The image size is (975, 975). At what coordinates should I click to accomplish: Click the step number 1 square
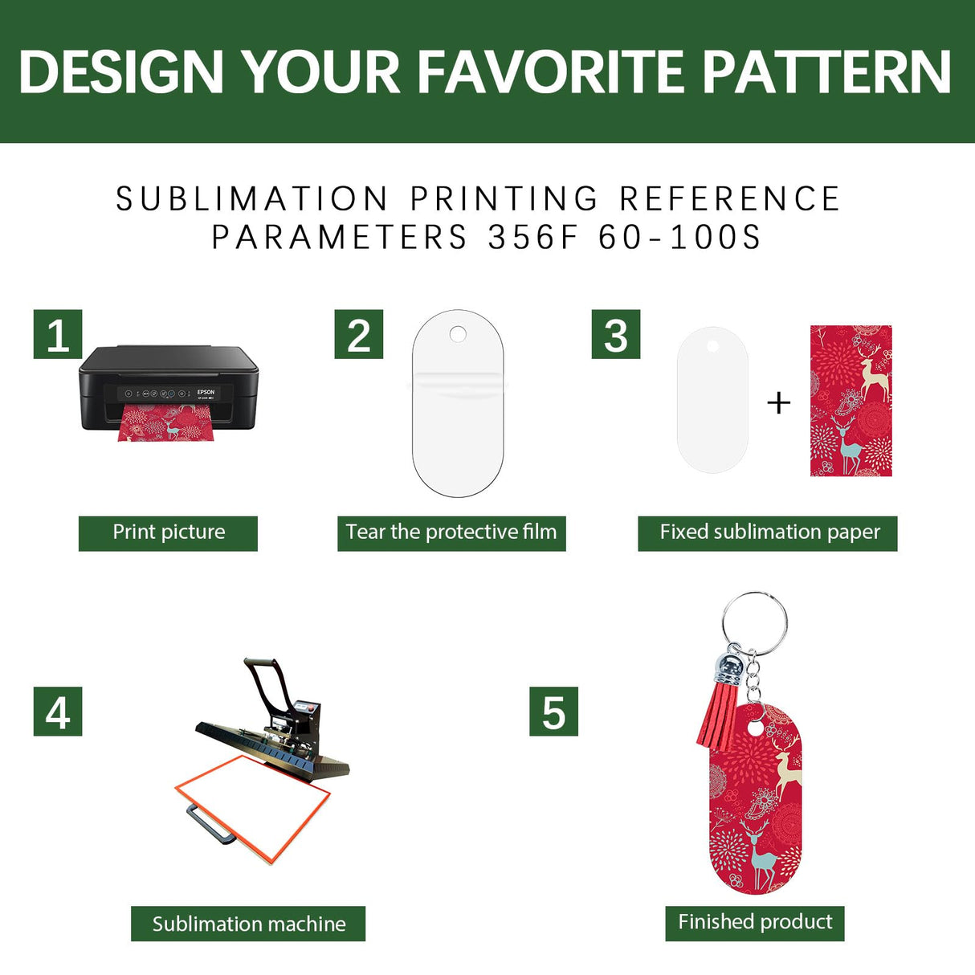[x=58, y=334]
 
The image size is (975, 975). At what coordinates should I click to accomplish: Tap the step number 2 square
[x=359, y=334]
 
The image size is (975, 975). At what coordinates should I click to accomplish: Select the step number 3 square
[x=616, y=334]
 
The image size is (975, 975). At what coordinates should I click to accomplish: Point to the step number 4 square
[x=58, y=712]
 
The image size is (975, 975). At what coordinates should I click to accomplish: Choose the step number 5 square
[x=553, y=712]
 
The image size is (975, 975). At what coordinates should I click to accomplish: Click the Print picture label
[x=168, y=533]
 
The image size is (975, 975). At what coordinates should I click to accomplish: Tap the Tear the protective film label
[x=451, y=533]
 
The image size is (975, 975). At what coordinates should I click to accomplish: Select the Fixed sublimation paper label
[x=768, y=533]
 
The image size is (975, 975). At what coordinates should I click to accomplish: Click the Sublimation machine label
[x=248, y=924]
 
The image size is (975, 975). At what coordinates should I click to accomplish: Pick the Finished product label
[x=755, y=922]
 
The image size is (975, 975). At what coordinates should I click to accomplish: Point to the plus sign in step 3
[x=779, y=402]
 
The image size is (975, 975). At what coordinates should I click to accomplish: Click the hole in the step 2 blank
[x=458, y=333]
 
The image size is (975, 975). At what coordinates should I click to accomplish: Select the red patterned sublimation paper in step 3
[x=851, y=401]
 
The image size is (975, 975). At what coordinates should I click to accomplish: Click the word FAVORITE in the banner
[x=551, y=72]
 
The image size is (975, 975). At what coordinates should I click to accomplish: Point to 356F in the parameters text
[x=533, y=238]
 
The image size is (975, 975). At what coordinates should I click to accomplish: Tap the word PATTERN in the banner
[x=827, y=72]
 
